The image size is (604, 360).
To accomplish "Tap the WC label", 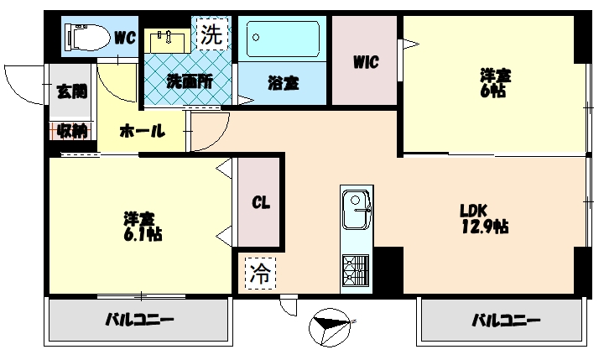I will [125, 37].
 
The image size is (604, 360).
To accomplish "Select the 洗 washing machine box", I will [211, 34].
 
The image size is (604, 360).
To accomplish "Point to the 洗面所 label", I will [189, 82].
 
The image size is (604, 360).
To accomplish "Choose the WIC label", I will [365, 61].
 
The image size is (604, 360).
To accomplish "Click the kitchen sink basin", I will [357, 202].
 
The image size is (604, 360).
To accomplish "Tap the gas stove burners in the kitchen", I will [355, 269].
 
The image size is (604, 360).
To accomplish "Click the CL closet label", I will [261, 203].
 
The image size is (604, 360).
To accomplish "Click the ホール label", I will [142, 131].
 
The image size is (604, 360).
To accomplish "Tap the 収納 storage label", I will [71, 131].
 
